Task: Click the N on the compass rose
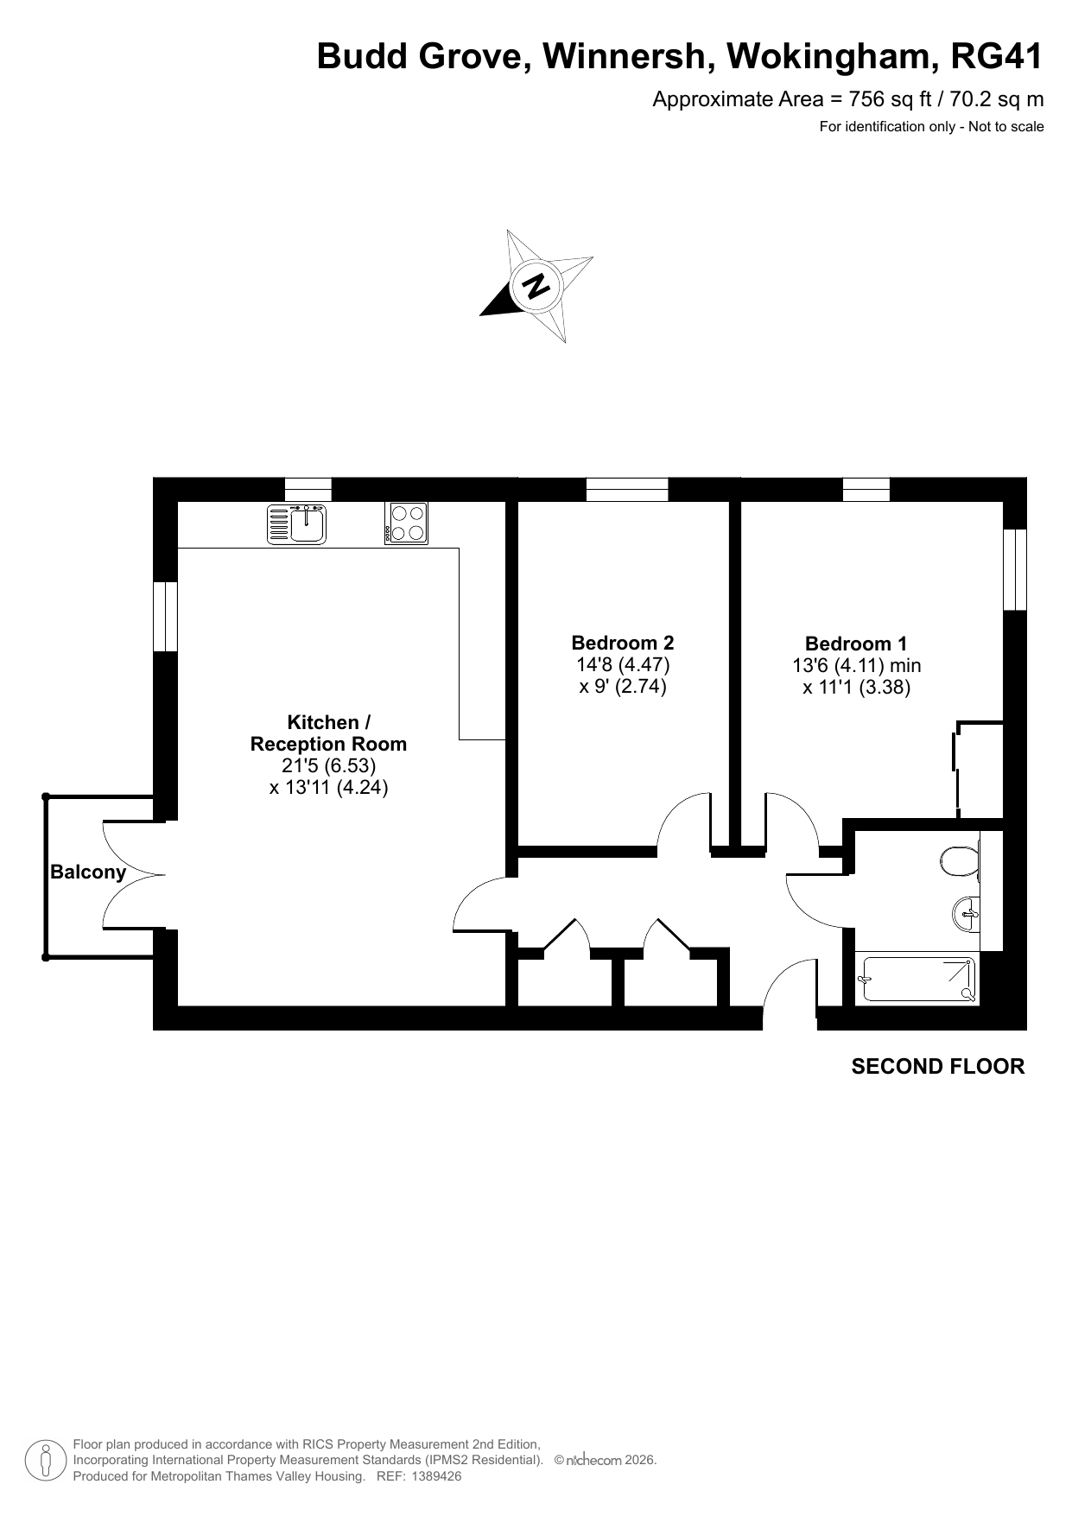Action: coord(536,285)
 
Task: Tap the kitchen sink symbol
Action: coord(297,523)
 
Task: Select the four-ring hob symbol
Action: coord(406,523)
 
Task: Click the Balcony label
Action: coord(88,872)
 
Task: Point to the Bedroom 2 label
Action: coord(623,643)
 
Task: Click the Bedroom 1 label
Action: coord(856,644)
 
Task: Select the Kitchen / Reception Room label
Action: coord(328,733)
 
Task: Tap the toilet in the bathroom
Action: coord(960,859)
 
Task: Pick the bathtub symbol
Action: coord(917,979)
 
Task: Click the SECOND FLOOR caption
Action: coord(938,1067)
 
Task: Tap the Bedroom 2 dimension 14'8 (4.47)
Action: coord(623,665)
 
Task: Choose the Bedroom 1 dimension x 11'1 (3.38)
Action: coord(856,688)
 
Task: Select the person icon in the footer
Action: coord(46,1461)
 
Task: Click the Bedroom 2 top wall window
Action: coord(627,490)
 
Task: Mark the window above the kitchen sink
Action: coord(308,490)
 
